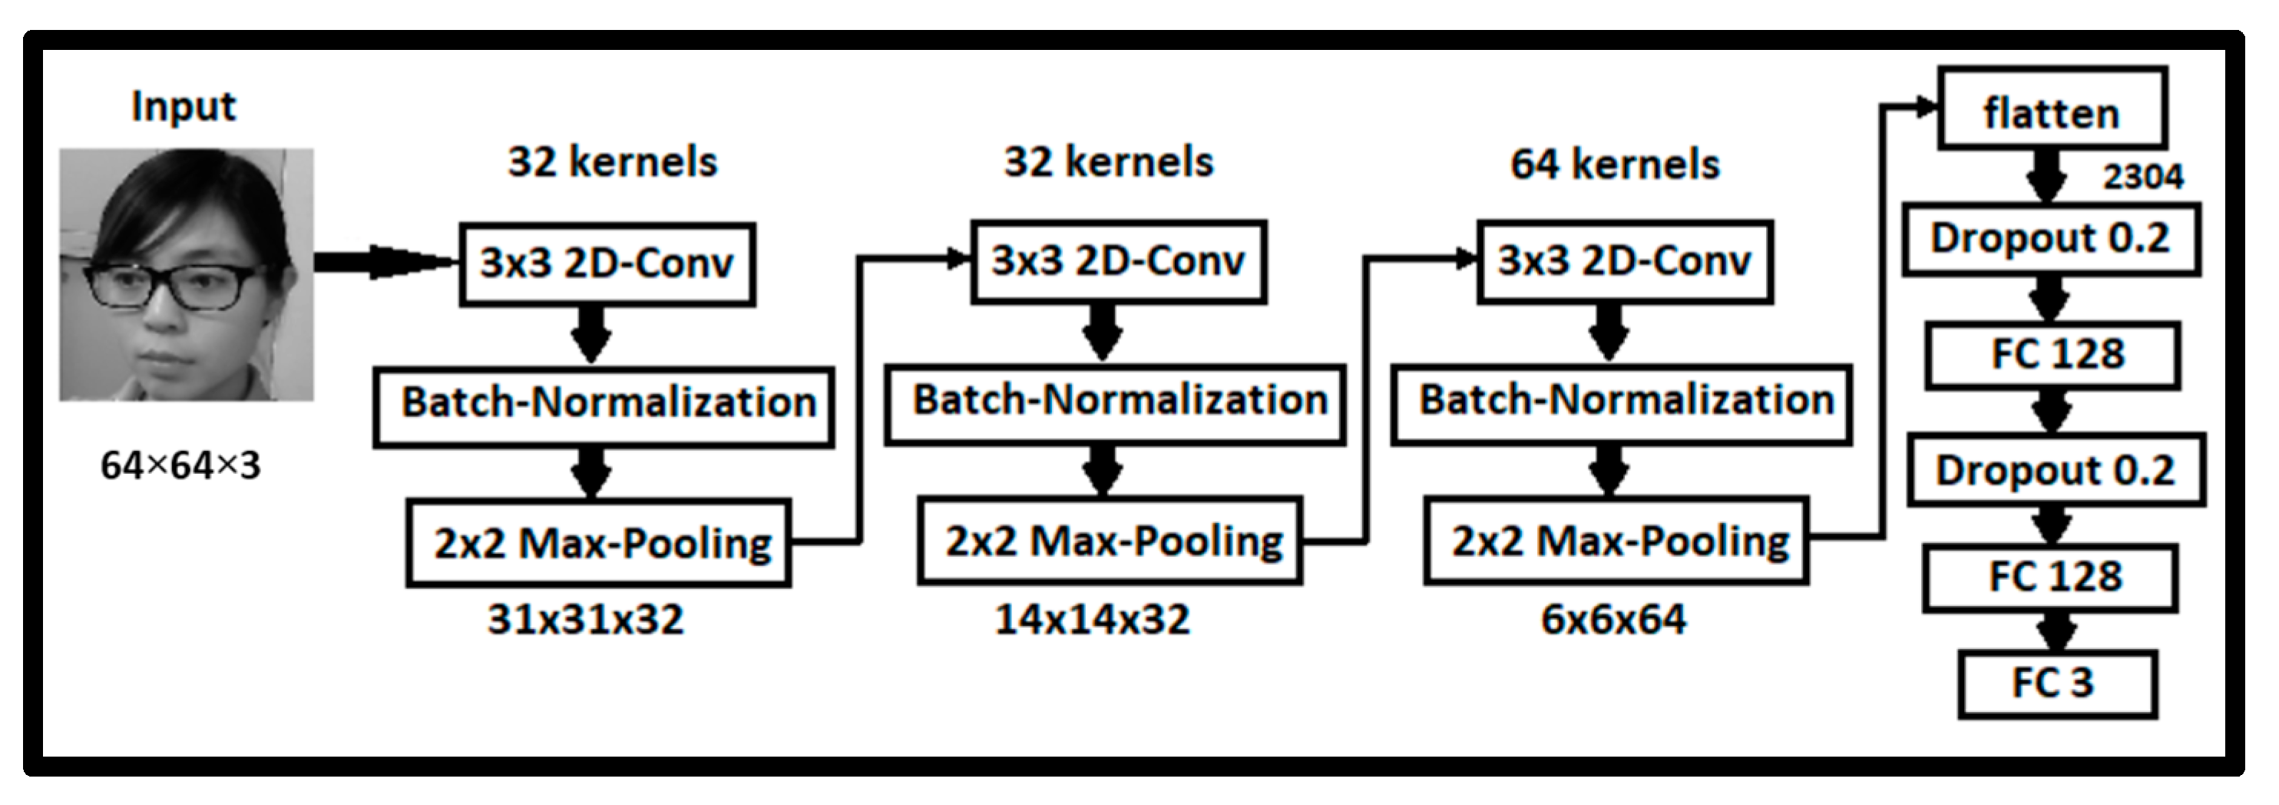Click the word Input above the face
click(x=183, y=107)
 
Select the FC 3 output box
click(x=2056, y=684)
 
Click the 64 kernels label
click(x=1615, y=164)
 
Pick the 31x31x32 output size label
click(x=586, y=620)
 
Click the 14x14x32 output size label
click(x=1092, y=620)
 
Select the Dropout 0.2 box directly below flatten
click(x=2051, y=239)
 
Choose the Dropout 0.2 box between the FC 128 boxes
click(x=2055, y=471)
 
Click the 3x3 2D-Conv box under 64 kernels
click(x=1624, y=261)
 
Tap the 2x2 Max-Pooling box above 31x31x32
click(x=599, y=543)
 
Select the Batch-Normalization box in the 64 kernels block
click(x=1621, y=402)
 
